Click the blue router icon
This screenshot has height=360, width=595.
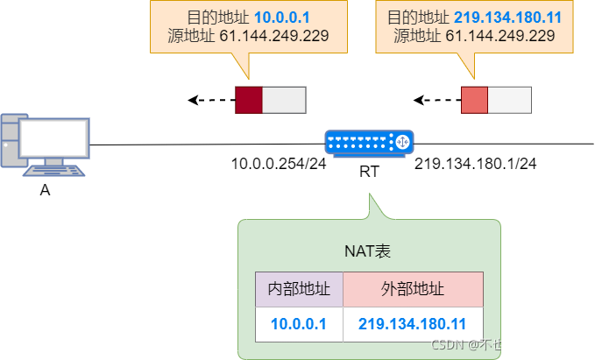click(369, 143)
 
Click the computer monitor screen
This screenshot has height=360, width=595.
click(54, 138)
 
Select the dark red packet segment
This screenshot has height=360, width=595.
click(249, 100)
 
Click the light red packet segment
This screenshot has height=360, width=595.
click(474, 100)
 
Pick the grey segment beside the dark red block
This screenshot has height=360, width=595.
click(284, 100)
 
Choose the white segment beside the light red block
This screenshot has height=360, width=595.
click(509, 100)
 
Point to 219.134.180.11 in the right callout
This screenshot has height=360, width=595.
click(507, 18)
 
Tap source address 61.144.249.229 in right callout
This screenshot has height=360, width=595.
click(500, 36)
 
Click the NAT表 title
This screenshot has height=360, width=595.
click(368, 251)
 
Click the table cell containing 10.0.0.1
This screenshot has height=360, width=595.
click(299, 324)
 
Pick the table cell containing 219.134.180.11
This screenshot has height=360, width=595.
click(413, 324)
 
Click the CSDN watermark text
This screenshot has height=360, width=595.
click(506, 344)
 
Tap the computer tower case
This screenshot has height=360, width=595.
click(8, 140)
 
